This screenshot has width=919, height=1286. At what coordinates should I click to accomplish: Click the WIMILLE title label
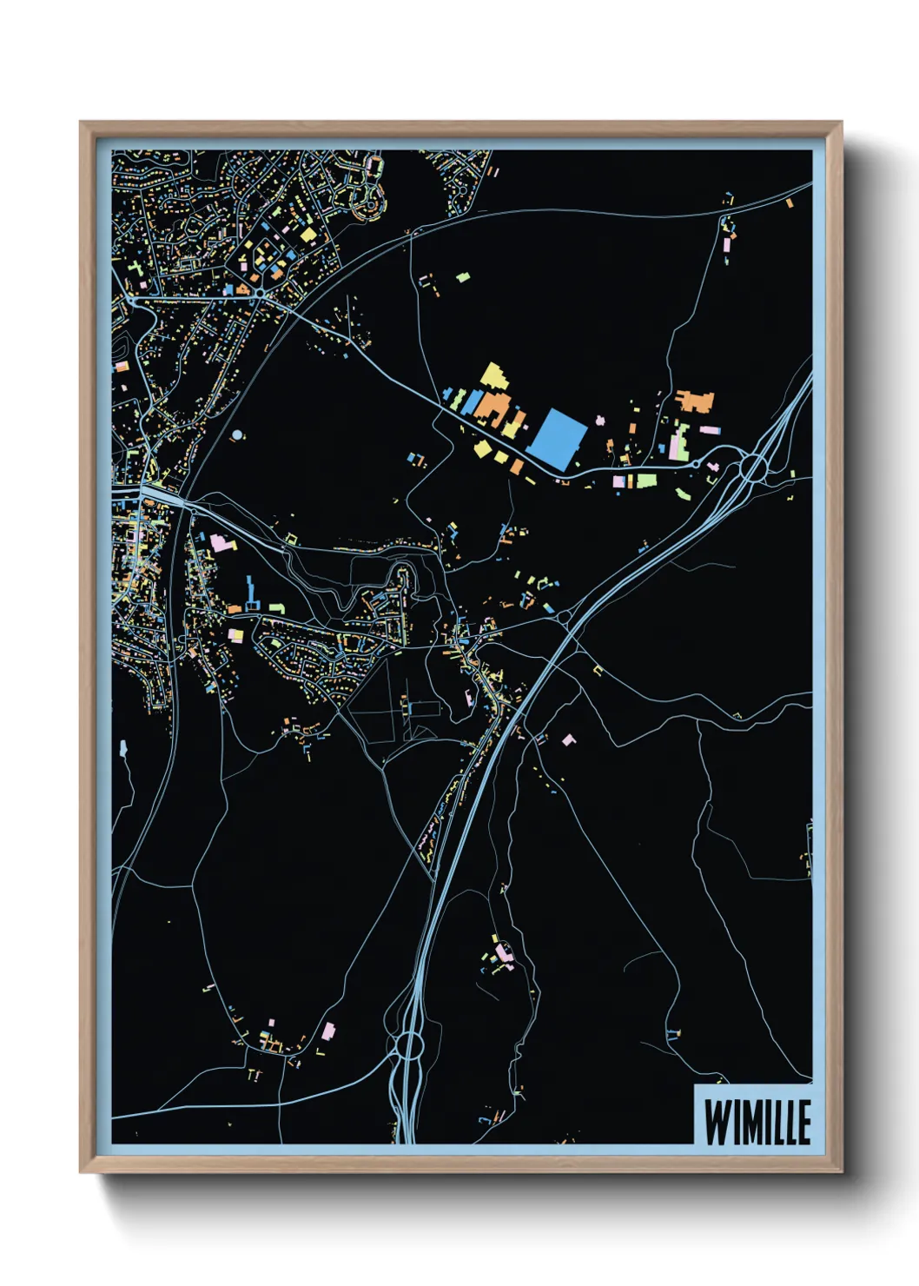pyautogui.click(x=757, y=1122)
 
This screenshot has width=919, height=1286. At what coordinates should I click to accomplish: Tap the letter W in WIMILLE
pyautogui.click(x=716, y=1123)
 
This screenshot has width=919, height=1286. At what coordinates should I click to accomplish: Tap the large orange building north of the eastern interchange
pyautogui.click(x=695, y=401)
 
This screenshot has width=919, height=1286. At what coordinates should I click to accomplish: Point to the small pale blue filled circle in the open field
pyautogui.click(x=238, y=434)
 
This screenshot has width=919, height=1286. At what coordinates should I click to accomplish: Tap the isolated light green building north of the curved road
pyautogui.click(x=463, y=278)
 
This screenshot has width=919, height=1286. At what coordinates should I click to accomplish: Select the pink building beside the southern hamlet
pyautogui.click(x=328, y=1031)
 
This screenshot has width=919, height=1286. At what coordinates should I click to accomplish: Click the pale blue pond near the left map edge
pyautogui.click(x=123, y=748)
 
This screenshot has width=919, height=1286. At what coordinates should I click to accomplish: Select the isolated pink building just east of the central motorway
pyautogui.click(x=569, y=740)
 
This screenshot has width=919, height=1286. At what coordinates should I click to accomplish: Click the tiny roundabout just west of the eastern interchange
pyautogui.click(x=696, y=465)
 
